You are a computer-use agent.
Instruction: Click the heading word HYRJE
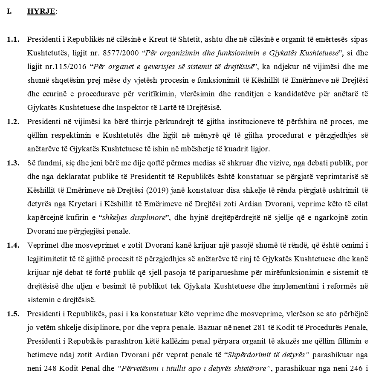[x=41, y=12]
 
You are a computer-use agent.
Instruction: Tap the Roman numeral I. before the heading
[x=9, y=12]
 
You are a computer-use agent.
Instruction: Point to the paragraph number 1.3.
[x=13, y=163]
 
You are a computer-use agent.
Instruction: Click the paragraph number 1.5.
[x=13, y=314]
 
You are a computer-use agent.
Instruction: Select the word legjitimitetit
[x=47, y=259]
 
